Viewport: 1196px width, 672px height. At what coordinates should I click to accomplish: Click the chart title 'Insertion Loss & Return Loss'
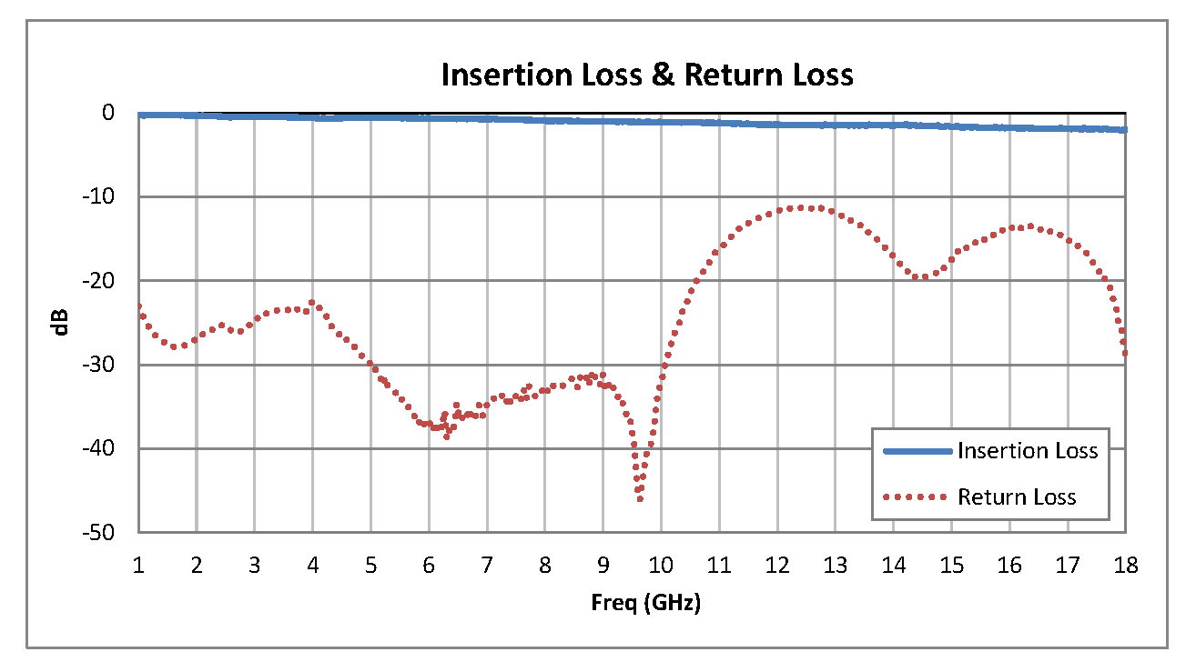pyautogui.click(x=647, y=75)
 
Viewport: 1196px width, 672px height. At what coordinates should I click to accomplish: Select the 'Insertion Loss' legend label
pyautogui.click(x=1028, y=451)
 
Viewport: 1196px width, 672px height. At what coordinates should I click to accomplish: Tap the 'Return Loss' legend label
pyautogui.click(x=1017, y=496)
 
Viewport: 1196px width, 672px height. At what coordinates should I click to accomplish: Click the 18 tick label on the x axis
pyautogui.click(x=1126, y=566)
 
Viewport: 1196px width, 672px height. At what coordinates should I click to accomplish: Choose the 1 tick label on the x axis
pyautogui.click(x=138, y=566)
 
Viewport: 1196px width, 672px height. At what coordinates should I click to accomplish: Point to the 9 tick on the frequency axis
pyautogui.click(x=603, y=566)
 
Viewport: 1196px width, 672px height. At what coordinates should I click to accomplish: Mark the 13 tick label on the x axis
pyautogui.click(x=835, y=566)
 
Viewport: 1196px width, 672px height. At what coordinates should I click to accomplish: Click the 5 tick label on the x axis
pyautogui.click(x=370, y=566)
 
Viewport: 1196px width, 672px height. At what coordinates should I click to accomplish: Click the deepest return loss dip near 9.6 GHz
pyautogui.click(x=640, y=499)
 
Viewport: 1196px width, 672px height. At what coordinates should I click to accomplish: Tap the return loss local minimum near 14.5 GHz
pyautogui.click(x=923, y=277)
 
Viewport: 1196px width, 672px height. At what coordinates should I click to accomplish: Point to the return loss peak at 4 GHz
pyautogui.click(x=312, y=302)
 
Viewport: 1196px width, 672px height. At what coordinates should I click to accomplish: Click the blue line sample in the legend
pyautogui.click(x=917, y=451)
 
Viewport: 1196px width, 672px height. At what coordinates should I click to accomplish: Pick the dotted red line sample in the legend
pyautogui.click(x=917, y=496)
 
